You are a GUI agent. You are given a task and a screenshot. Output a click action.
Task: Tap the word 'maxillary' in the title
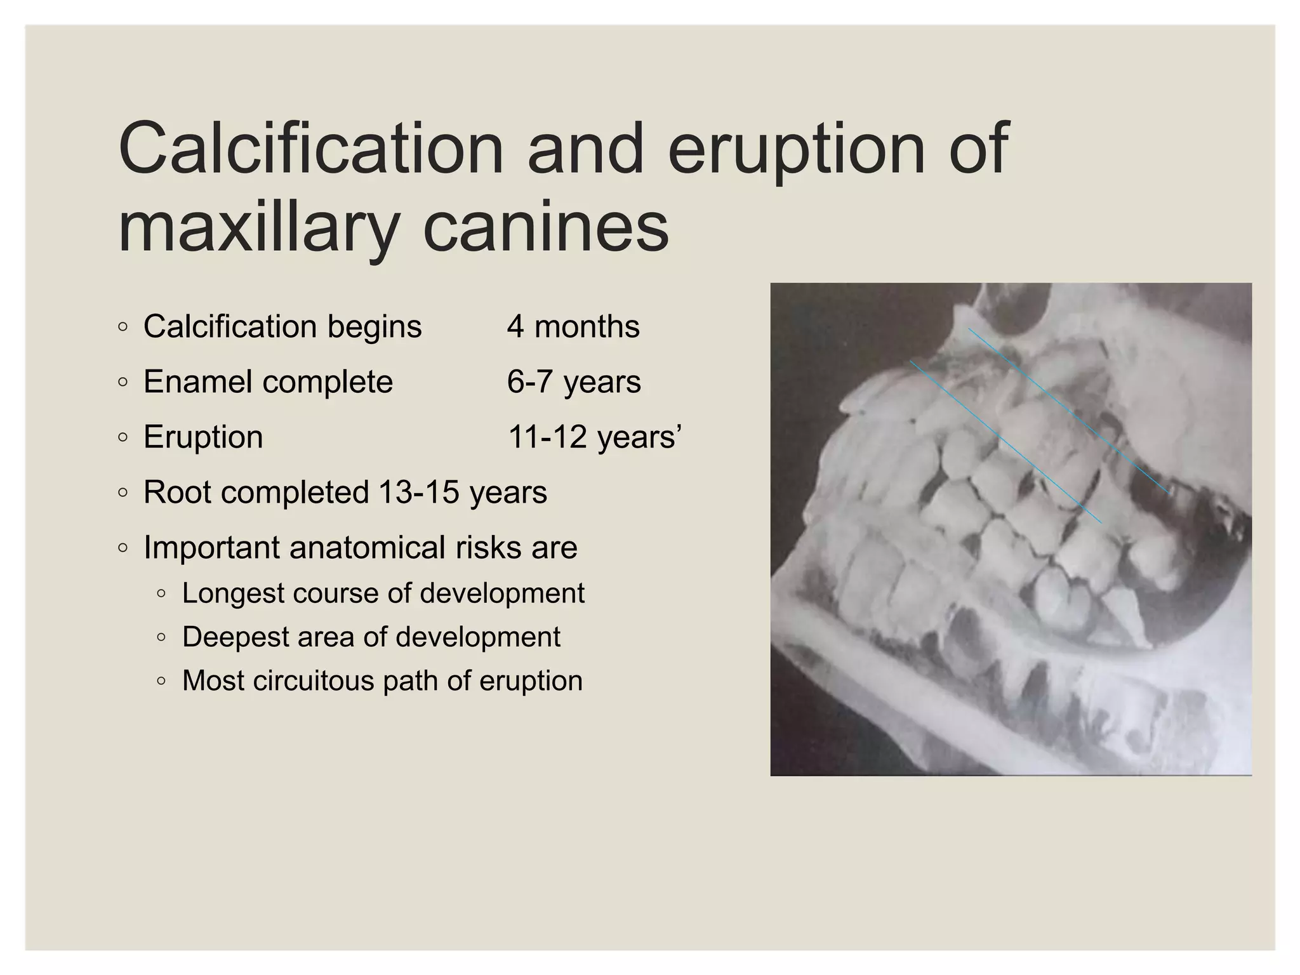[258, 227]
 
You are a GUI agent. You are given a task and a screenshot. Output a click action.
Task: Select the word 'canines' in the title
[546, 227]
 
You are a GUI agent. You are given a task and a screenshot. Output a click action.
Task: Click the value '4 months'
[573, 327]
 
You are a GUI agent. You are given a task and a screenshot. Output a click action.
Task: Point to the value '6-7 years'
[574, 382]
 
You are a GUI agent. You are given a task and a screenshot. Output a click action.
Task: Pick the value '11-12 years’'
[595, 437]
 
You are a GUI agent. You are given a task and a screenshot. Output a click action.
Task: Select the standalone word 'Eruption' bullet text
[203, 437]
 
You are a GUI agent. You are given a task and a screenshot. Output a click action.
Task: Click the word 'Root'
[177, 493]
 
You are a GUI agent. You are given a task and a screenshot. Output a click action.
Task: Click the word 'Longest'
[232, 594]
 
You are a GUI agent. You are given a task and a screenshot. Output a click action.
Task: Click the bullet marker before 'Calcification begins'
[123, 328]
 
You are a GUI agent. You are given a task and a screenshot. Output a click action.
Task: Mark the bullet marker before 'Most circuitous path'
[161, 682]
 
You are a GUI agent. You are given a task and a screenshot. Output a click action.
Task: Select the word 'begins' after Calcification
[375, 328]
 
